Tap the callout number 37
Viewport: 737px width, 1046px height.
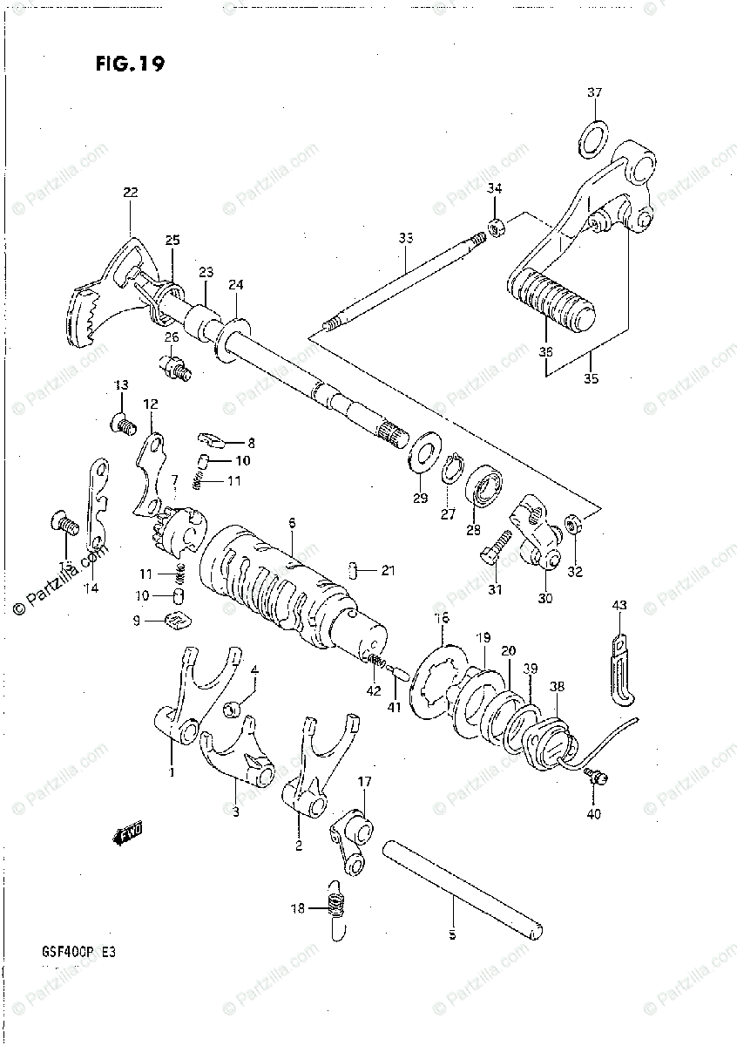click(x=594, y=92)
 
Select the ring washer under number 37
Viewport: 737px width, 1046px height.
click(x=593, y=137)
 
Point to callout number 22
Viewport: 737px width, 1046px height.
click(x=131, y=193)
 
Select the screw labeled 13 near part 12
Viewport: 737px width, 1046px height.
click(x=122, y=424)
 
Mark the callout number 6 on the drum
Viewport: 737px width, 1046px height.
click(x=291, y=523)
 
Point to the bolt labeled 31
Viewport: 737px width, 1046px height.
click(x=494, y=548)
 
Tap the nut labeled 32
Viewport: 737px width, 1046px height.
click(x=573, y=524)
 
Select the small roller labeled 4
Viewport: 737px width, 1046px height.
click(x=232, y=707)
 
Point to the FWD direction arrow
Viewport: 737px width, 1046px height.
click(x=127, y=834)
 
